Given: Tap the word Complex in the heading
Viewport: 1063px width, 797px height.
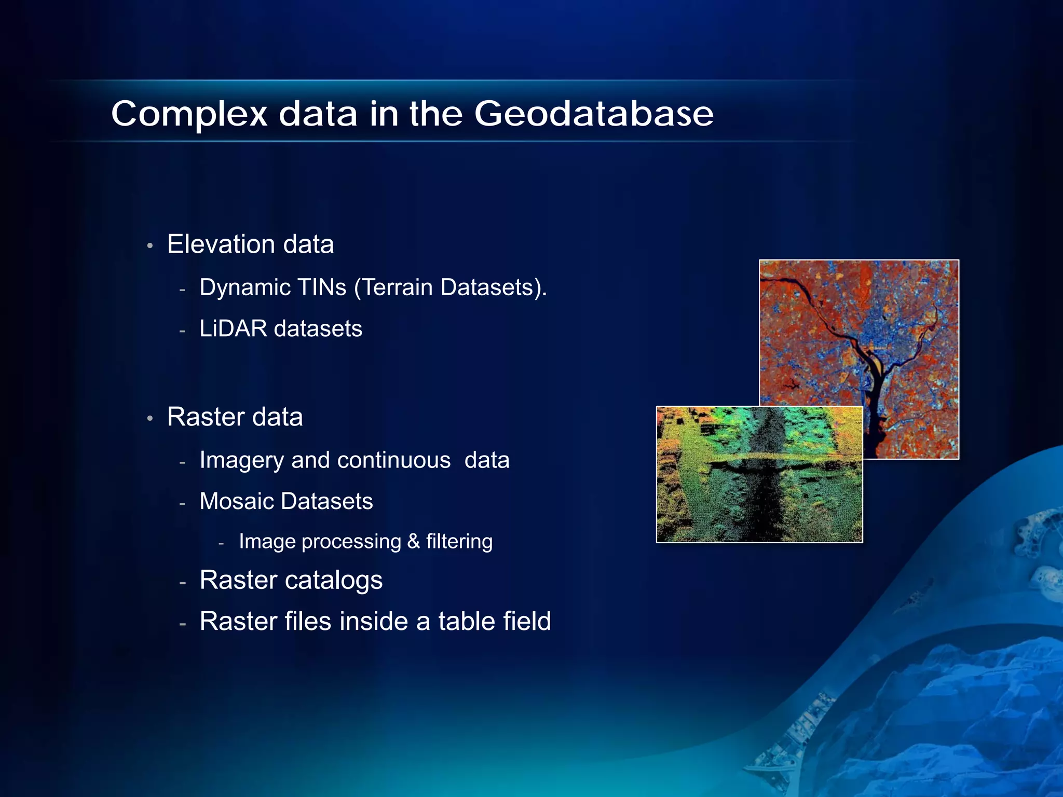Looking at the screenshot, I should pos(189,114).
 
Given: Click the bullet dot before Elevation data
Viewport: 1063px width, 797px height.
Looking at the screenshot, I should pos(149,245).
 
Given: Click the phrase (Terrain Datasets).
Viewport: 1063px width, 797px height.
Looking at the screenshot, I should pos(450,287).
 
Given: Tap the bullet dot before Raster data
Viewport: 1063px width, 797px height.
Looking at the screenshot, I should pos(149,418).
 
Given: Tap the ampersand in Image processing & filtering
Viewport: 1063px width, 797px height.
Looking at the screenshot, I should pos(414,541).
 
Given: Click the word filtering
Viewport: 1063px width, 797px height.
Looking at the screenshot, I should pos(459,541).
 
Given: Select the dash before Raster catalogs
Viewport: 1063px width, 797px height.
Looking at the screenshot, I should pos(182,583).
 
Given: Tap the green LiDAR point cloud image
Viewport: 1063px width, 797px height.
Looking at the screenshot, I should pos(759,475).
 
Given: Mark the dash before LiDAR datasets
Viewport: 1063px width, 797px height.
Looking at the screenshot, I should pos(182,331).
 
